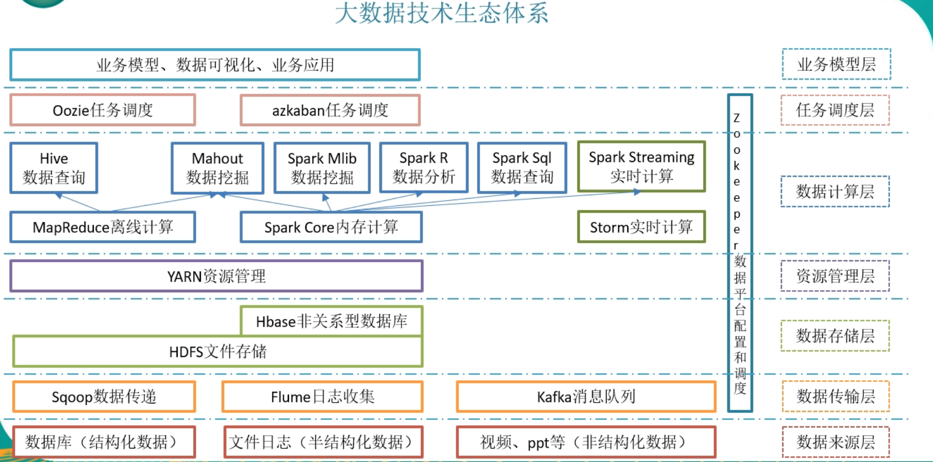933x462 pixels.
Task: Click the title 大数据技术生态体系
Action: pyautogui.click(x=441, y=14)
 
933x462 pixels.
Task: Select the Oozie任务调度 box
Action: pyautogui.click(x=103, y=110)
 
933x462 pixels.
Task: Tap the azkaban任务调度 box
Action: pyautogui.click(x=330, y=110)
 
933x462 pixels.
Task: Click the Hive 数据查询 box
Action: pyautogui.click(x=54, y=168)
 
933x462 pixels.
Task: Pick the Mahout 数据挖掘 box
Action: pyautogui.click(x=217, y=168)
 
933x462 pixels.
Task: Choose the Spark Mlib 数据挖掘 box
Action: pyautogui.click(x=322, y=168)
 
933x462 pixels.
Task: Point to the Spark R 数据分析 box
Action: pyautogui.click(x=423, y=167)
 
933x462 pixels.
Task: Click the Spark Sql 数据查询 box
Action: pyautogui.click(x=522, y=167)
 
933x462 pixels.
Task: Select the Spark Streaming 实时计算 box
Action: pyautogui.click(x=641, y=166)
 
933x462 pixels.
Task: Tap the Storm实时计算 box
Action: pyautogui.click(x=641, y=227)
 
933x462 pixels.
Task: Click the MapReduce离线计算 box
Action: pyautogui.click(x=103, y=227)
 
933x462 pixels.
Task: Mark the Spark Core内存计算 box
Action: pyautogui.click(x=331, y=227)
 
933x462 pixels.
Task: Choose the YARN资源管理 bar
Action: pyautogui.click(x=216, y=276)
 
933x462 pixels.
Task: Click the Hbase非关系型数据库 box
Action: pyautogui.click(x=331, y=321)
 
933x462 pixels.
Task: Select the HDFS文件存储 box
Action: pyautogui.click(x=218, y=351)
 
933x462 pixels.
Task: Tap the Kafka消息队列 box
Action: pyautogui.click(x=586, y=397)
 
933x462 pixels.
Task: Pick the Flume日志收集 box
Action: pyautogui.click(x=322, y=397)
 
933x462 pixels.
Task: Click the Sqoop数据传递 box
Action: pyautogui.click(x=104, y=397)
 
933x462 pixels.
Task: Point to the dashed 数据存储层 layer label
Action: pyautogui.click(x=835, y=336)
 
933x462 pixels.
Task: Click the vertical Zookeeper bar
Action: pyautogui.click(x=740, y=253)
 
